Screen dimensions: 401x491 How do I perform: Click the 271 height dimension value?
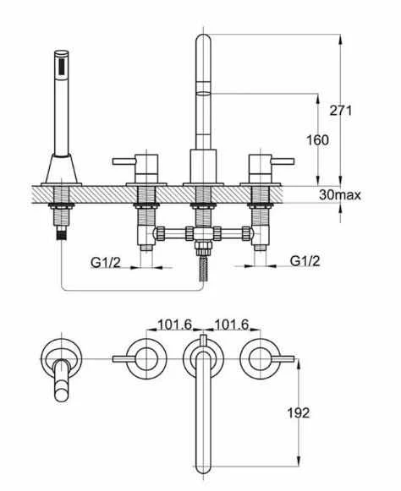point(340,110)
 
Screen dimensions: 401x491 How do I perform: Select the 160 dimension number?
point(317,140)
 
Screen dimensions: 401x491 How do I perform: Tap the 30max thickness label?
point(340,194)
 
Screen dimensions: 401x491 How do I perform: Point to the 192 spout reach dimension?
point(299,412)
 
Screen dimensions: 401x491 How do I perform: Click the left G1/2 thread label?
point(106,263)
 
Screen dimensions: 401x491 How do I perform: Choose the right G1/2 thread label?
point(305,260)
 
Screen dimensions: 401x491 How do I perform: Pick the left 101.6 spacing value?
point(174,325)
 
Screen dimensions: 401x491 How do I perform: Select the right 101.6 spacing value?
point(231,325)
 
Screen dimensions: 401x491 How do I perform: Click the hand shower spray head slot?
point(62,67)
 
